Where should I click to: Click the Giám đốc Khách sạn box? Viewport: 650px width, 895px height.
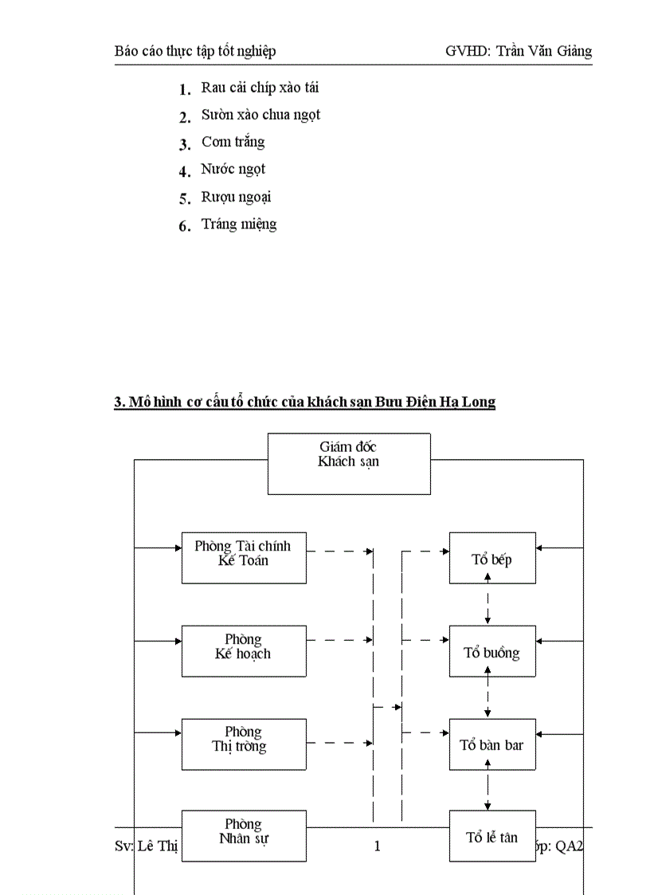coord(348,463)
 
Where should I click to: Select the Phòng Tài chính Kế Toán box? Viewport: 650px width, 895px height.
coord(243,557)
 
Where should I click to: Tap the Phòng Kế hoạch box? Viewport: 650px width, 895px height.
coord(243,650)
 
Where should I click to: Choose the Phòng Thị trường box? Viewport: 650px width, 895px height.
coord(243,744)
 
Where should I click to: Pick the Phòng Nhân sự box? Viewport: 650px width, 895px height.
coord(243,835)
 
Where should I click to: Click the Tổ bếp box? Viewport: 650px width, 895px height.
coord(491,558)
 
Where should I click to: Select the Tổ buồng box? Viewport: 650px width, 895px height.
coord(491,651)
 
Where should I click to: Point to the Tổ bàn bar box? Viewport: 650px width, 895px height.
coord(491,744)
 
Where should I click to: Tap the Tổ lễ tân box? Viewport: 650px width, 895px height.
coord(491,836)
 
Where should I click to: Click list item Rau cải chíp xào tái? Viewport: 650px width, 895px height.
coord(260,88)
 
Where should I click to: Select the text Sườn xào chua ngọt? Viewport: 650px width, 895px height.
coord(260,115)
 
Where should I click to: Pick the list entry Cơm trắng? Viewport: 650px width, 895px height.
coord(233,142)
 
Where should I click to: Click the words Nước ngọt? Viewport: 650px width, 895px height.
coord(233,169)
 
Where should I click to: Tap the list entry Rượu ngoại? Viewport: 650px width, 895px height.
coord(236,197)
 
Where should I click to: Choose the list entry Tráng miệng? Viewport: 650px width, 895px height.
coord(238,224)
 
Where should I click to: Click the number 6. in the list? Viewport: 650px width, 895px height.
coord(185,226)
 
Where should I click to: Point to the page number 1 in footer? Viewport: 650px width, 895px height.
coord(378,846)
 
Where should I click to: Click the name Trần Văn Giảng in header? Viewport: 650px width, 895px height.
coord(544,51)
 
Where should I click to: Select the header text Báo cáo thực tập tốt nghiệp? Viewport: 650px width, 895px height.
coord(195,51)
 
